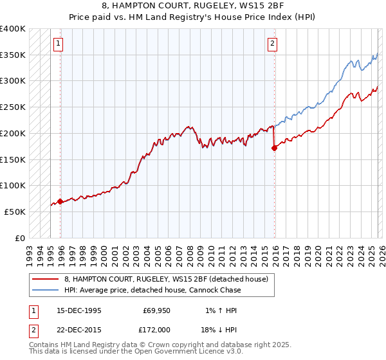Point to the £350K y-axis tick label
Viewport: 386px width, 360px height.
(x=13, y=55)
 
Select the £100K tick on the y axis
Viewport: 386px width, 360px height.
(x=13, y=185)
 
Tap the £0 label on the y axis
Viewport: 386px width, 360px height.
(x=19, y=238)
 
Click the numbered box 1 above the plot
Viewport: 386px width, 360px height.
(x=58, y=44)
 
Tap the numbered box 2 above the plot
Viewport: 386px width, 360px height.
(x=272, y=44)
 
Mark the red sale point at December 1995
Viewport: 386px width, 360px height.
(x=60, y=201)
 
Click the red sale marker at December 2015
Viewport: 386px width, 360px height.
(x=275, y=148)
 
